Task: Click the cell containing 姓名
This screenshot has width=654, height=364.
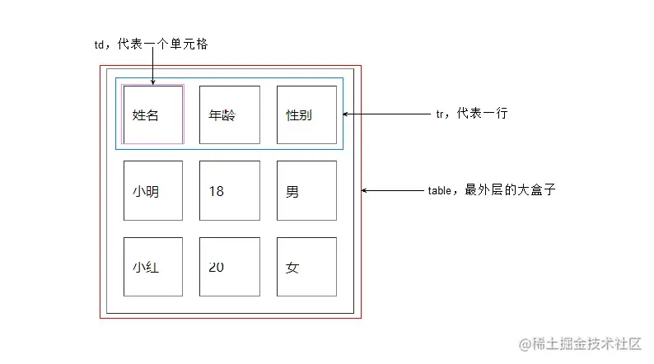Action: [153, 114]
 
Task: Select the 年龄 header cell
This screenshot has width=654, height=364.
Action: [230, 114]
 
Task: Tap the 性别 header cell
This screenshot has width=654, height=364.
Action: [306, 114]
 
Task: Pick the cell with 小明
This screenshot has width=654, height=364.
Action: [153, 190]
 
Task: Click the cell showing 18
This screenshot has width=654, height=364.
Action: [230, 190]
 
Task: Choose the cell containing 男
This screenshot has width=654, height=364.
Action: [306, 190]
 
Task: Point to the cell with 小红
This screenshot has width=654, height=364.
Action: [153, 267]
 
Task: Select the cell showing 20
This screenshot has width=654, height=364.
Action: [230, 267]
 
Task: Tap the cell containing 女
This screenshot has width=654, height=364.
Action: [306, 267]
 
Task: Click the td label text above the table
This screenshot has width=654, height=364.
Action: [151, 44]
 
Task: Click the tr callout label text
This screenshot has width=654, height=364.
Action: [471, 114]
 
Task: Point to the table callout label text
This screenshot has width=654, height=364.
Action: [492, 189]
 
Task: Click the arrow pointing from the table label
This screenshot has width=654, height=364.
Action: [392, 190]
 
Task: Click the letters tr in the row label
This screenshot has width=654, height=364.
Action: [440, 114]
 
